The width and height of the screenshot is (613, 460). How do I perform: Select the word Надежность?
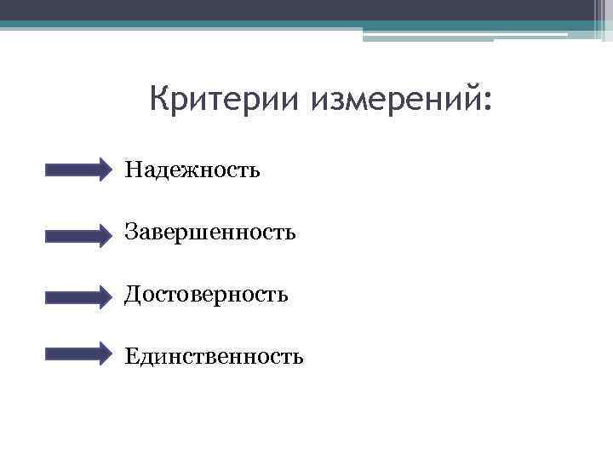tap(192, 170)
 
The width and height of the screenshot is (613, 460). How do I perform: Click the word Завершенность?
tap(210, 232)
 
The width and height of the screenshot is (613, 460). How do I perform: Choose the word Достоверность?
tap(207, 295)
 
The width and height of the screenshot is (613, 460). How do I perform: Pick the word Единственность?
tap(214, 355)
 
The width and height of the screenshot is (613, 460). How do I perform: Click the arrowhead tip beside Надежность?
tap(109, 170)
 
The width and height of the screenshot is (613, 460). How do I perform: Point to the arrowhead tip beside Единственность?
tap(109, 354)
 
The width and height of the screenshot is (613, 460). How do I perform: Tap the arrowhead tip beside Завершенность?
tap(109, 232)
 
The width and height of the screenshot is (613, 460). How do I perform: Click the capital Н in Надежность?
tap(133, 170)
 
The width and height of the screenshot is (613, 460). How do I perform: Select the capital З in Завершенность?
tap(131, 232)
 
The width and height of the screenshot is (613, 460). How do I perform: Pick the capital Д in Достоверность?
tap(133, 295)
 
